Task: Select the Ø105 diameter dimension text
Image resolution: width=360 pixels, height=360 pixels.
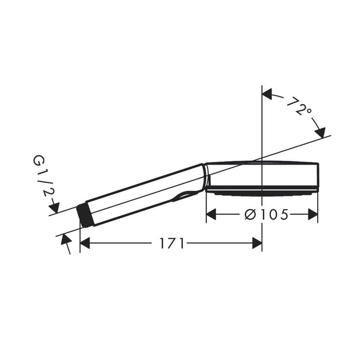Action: (x=266, y=215)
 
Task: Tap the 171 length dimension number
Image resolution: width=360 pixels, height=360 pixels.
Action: (x=172, y=243)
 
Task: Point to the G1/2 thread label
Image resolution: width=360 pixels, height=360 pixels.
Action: (x=43, y=175)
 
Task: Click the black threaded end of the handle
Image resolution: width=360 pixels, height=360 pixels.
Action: (x=83, y=215)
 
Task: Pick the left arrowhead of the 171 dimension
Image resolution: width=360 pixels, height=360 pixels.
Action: (x=85, y=243)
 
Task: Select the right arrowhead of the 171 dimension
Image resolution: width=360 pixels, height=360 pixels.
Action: (x=257, y=243)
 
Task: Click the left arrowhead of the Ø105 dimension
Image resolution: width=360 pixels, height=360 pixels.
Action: (x=211, y=215)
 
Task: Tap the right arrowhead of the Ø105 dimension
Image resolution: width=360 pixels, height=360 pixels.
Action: (x=313, y=215)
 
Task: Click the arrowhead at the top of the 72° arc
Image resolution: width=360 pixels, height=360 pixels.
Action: (x=267, y=94)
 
